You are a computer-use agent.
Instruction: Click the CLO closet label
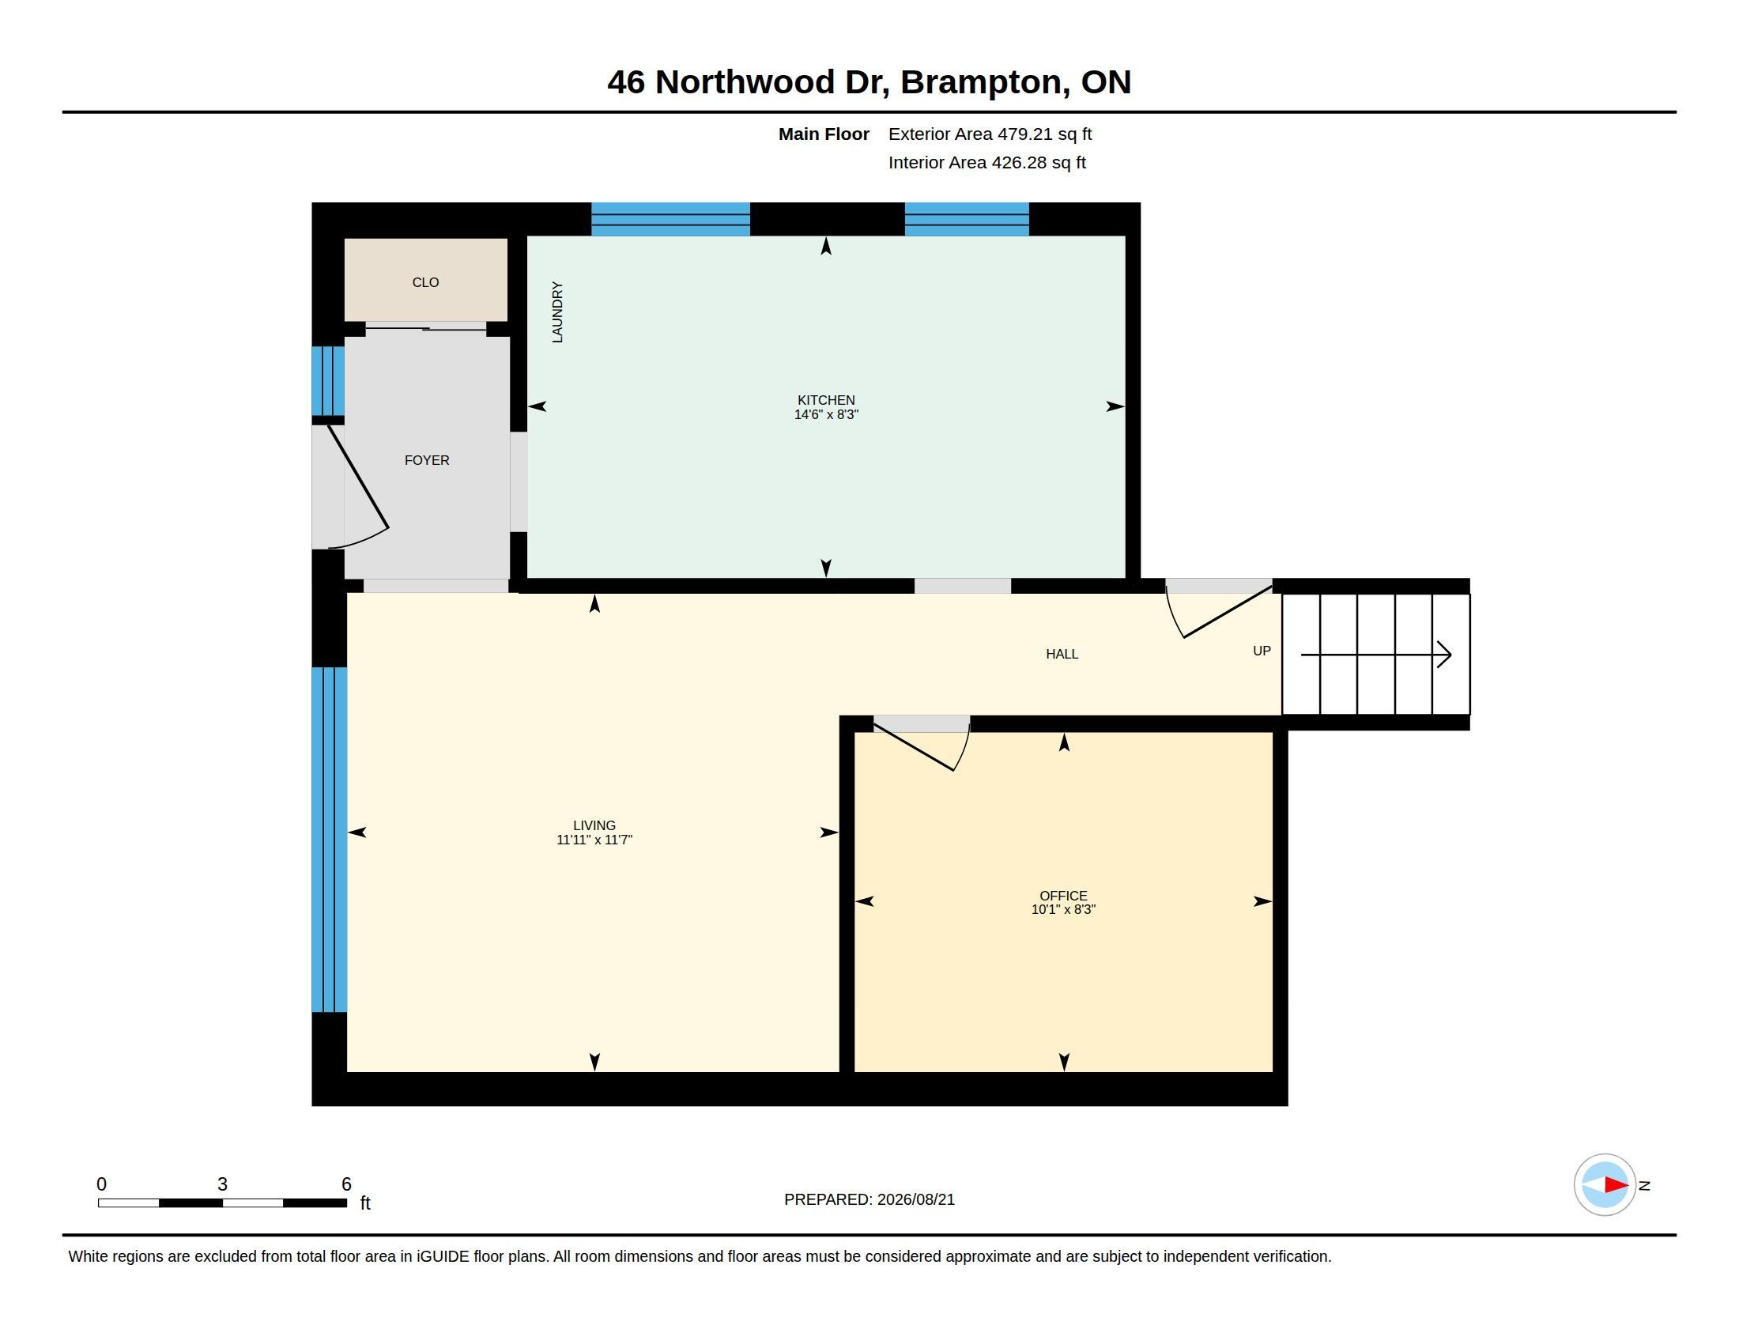[425, 283]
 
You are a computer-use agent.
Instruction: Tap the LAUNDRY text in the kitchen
[557, 312]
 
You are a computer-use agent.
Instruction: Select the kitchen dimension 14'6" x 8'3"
[827, 415]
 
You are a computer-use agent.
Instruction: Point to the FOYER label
[427, 460]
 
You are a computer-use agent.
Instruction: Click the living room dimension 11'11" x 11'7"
[594, 840]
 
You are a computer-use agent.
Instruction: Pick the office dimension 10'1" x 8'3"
[1064, 909]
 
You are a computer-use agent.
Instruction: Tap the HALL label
[1062, 654]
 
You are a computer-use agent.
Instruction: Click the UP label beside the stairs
[1262, 651]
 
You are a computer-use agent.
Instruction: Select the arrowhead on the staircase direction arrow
[1444, 655]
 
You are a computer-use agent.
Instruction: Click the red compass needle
[1616, 1185]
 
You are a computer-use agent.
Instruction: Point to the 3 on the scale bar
[222, 1184]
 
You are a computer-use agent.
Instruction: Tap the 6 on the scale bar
[346, 1184]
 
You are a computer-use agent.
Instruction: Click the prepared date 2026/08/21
[915, 1199]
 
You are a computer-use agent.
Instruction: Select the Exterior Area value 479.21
[1024, 134]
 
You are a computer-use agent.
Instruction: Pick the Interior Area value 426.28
[1018, 162]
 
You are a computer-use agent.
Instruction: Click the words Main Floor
[824, 134]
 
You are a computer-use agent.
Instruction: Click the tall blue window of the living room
[329, 839]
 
